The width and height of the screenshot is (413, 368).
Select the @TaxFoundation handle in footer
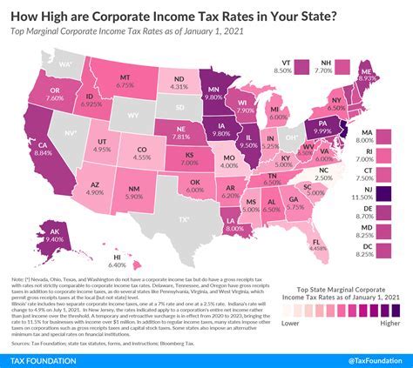[x=369, y=358]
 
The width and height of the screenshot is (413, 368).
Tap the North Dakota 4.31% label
[x=178, y=81]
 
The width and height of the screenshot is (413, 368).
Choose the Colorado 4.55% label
[x=139, y=155]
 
